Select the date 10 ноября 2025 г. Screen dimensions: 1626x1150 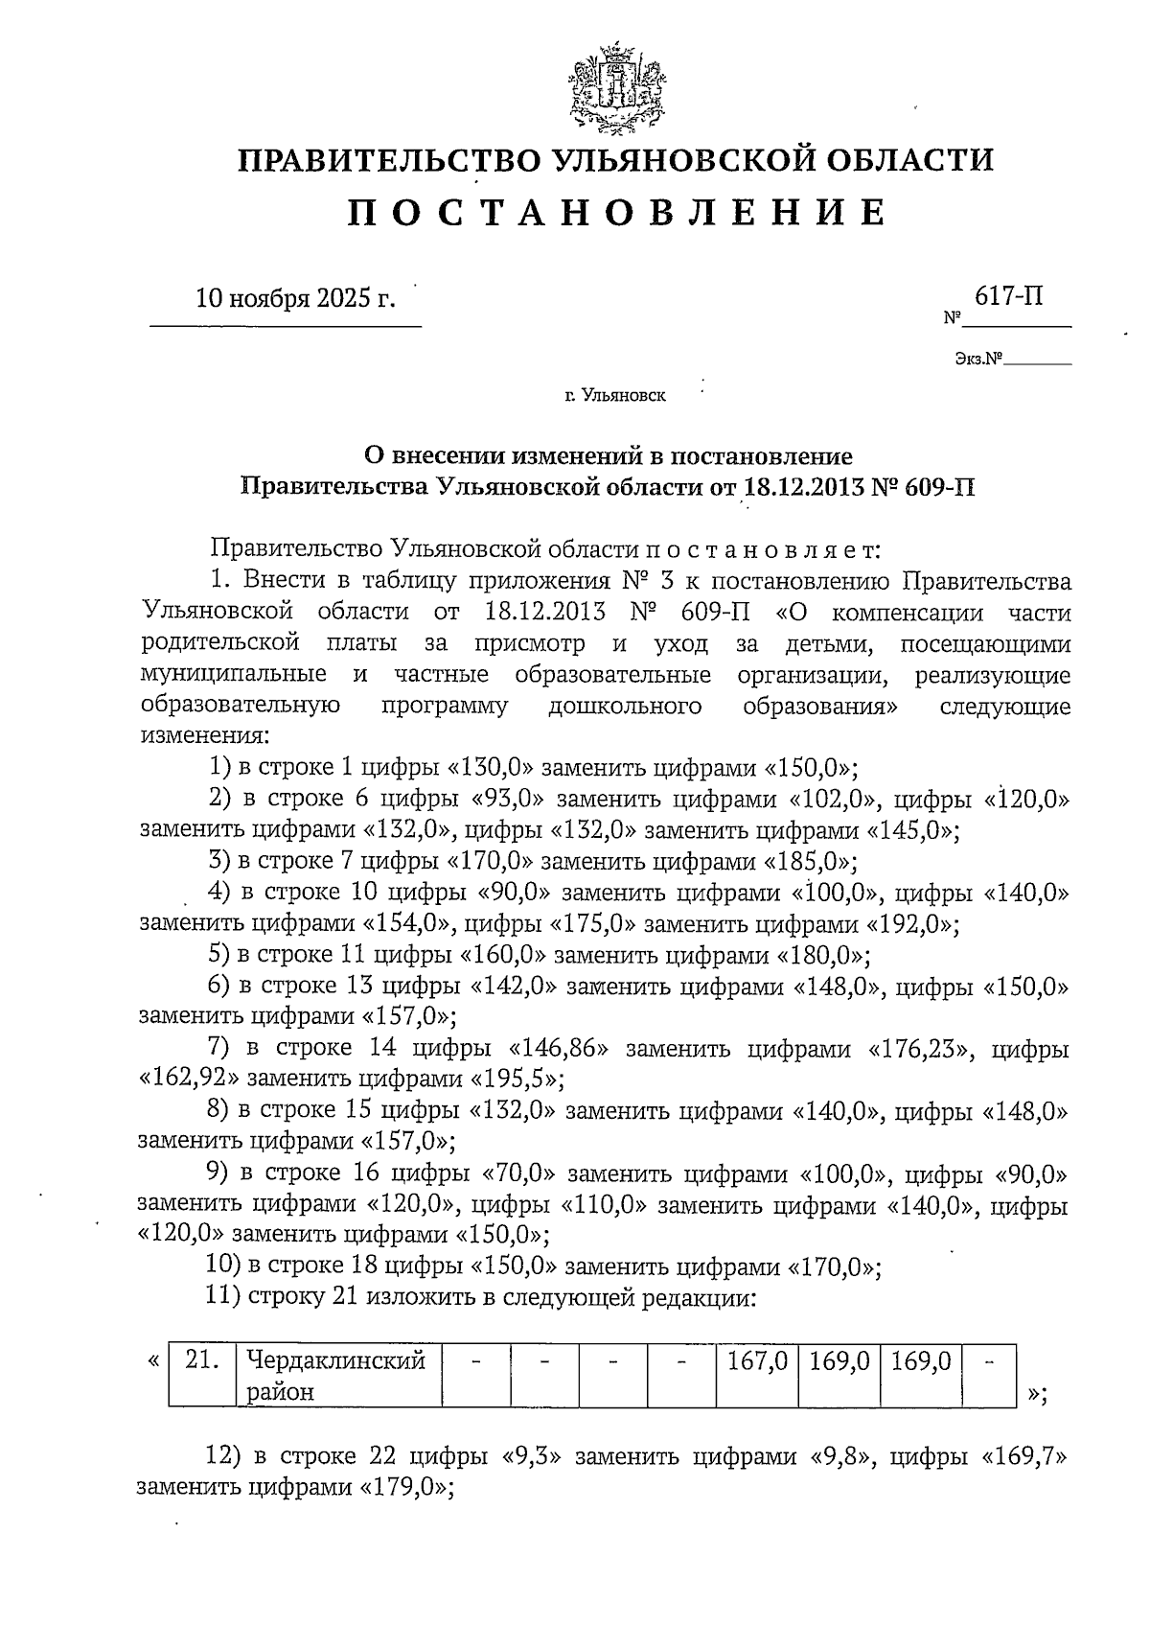pos(294,298)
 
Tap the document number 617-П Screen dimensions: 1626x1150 pos(1008,296)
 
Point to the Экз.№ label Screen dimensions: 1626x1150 pos(978,360)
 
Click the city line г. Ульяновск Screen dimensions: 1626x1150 pos(614,394)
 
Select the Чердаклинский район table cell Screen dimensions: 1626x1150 pos(337,1375)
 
